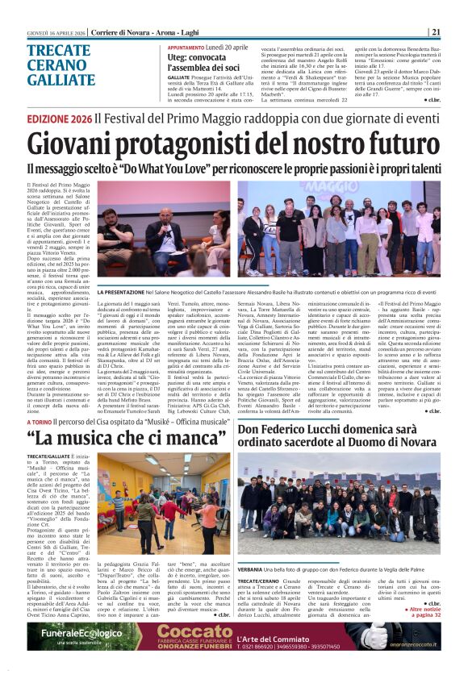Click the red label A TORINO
[38, 422]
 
